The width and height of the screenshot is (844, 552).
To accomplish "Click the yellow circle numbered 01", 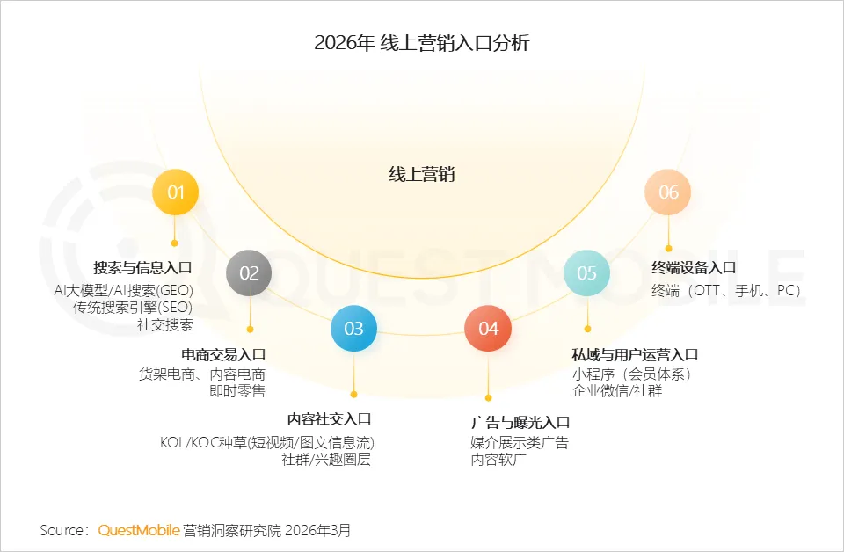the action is pyautogui.click(x=176, y=192).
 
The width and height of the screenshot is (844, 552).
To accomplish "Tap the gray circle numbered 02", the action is pyautogui.click(x=250, y=272).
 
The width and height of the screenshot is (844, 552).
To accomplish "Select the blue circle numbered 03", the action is pyautogui.click(x=353, y=329).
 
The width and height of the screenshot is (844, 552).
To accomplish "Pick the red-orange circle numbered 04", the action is pyautogui.click(x=488, y=329).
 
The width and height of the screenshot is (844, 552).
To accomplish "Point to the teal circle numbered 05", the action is pyautogui.click(x=586, y=272).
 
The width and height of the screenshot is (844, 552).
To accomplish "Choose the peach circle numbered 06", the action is pyautogui.click(x=668, y=192).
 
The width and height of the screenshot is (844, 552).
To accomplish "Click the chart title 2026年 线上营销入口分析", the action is pyautogui.click(x=422, y=42).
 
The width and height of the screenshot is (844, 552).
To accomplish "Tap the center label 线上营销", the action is pyautogui.click(x=422, y=174).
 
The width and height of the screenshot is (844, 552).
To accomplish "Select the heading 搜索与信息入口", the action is pyautogui.click(x=142, y=268).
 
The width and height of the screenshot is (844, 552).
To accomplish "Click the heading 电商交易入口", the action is pyautogui.click(x=223, y=355).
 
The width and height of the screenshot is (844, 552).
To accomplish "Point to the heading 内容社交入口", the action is pyautogui.click(x=330, y=419).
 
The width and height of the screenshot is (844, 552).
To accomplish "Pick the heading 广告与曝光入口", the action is pyautogui.click(x=520, y=423).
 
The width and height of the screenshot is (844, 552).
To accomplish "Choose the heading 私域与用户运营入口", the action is pyautogui.click(x=635, y=355).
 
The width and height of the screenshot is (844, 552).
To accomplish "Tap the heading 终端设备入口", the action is pyautogui.click(x=694, y=268).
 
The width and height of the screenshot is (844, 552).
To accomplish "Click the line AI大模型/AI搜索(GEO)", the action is pyautogui.click(x=123, y=290).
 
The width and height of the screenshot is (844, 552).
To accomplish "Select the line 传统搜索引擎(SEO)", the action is pyautogui.click(x=133, y=308).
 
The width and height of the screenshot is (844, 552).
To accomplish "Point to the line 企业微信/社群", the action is pyautogui.click(x=617, y=391).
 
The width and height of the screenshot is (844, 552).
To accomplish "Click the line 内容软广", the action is pyautogui.click(x=498, y=460).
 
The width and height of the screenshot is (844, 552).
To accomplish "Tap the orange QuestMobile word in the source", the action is pyautogui.click(x=139, y=530).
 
